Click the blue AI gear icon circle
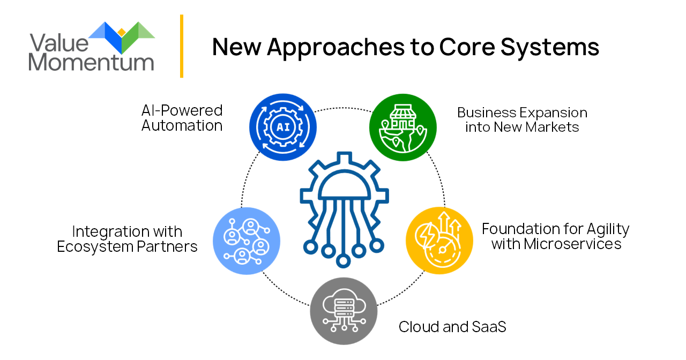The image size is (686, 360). pyautogui.click(x=284, y=127)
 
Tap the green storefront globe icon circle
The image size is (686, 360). pyautogui.click(x=403, y=127)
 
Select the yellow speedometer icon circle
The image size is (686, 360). pyautogui.click(x=439, y=241)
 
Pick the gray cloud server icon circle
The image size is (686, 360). pyautogui.click(x=344, y=311)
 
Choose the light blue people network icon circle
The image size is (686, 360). pyautogui.click(x=247, y=241)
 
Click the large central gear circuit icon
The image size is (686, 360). pyautogui.click(x=343, y=209)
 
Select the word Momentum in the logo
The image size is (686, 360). pyautogui.click(x=91, y=62)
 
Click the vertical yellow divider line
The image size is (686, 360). pyautogui.click(x=182, y=46)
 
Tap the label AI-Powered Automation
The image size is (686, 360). pyautogui.click(x=182, y=118)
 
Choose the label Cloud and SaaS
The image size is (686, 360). pyautogui.click(x=452, y=327)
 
